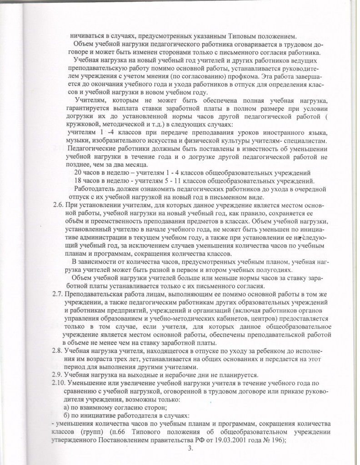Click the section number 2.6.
[59, 206]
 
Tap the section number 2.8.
[59, 351]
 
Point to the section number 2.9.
[59, 374]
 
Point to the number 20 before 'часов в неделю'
[77, 173]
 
